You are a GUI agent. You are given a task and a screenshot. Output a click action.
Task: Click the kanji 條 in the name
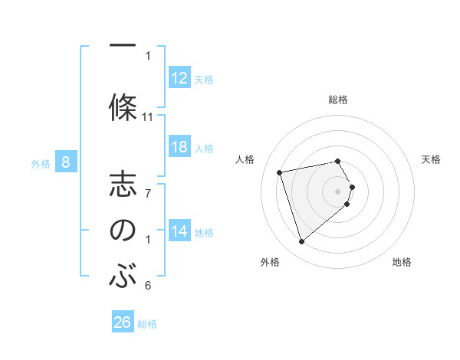123,106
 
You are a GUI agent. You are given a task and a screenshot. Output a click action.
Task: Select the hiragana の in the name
123,231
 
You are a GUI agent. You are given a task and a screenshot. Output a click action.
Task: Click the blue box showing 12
179,78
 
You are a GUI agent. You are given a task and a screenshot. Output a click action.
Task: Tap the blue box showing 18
179,147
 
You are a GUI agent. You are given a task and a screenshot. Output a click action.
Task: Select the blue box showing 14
179,231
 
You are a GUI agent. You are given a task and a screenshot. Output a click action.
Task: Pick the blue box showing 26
122,322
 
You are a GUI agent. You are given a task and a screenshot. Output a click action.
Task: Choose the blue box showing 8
66,162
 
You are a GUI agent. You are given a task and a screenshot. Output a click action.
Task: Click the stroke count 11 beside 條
148,117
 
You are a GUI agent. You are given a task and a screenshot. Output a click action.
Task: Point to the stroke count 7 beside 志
148,193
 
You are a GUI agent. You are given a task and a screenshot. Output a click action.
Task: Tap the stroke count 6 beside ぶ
148,286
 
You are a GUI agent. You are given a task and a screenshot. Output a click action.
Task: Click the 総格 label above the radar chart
338,100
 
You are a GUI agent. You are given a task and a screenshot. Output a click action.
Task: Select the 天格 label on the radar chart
431,159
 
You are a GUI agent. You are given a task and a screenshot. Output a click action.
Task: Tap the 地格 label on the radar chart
402,262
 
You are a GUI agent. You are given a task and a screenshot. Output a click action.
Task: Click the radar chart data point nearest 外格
301,242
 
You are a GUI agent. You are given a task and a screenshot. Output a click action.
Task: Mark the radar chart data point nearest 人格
280,172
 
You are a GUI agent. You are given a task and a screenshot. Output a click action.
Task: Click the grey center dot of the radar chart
338,191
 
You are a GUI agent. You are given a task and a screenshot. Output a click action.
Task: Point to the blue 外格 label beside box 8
40,162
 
